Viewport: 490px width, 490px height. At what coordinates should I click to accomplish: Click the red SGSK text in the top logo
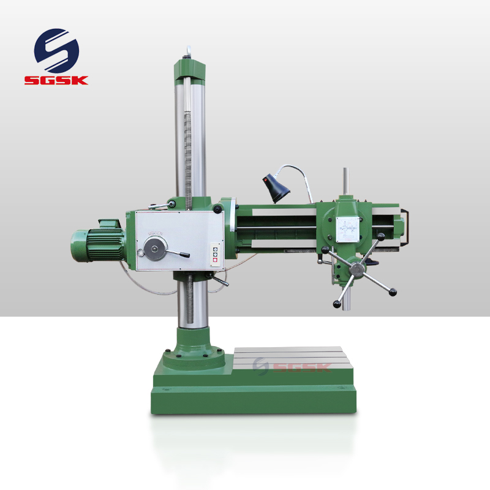(x=56, y=80)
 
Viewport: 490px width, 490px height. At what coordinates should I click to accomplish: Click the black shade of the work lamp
(x=273, y=187)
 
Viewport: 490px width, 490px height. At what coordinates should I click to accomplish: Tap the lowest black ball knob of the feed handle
(x=337, y=304)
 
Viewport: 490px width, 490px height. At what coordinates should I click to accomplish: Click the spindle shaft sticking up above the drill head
(x=345, y=181)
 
